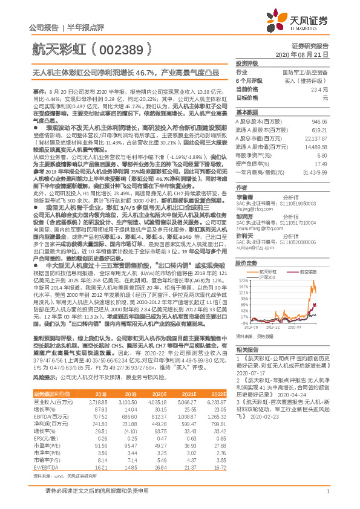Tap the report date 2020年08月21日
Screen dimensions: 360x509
[309, 54]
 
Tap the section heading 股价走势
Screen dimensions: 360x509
[246, 247]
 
